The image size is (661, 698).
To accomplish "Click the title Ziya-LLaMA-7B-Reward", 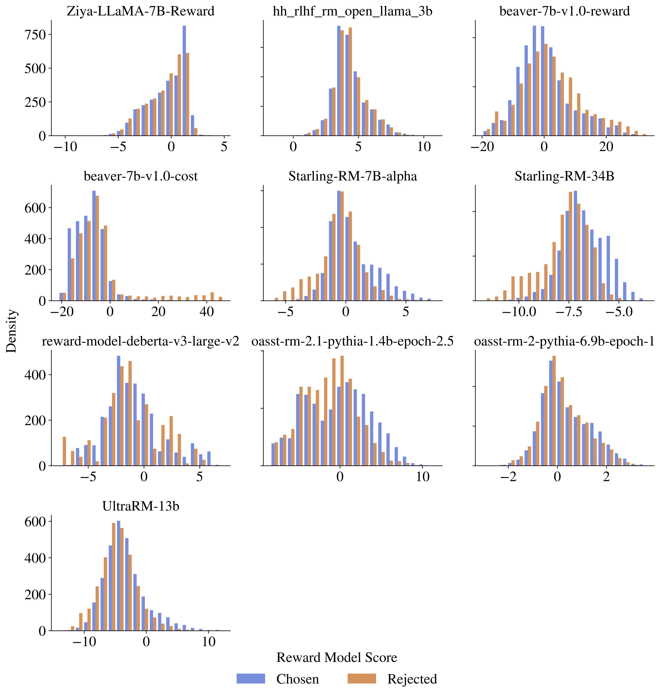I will tap(141, 11).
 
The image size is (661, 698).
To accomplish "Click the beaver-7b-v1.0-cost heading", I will tap(141, 176).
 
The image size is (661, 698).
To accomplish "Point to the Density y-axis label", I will tap(11, 331).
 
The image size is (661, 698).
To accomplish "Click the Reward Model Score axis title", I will tap(337, 657).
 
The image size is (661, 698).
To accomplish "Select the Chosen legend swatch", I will tap(250, 679).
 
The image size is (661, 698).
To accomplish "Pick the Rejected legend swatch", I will tap(361, 679).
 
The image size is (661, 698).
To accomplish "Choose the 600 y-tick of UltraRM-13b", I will tap(35, 522).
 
